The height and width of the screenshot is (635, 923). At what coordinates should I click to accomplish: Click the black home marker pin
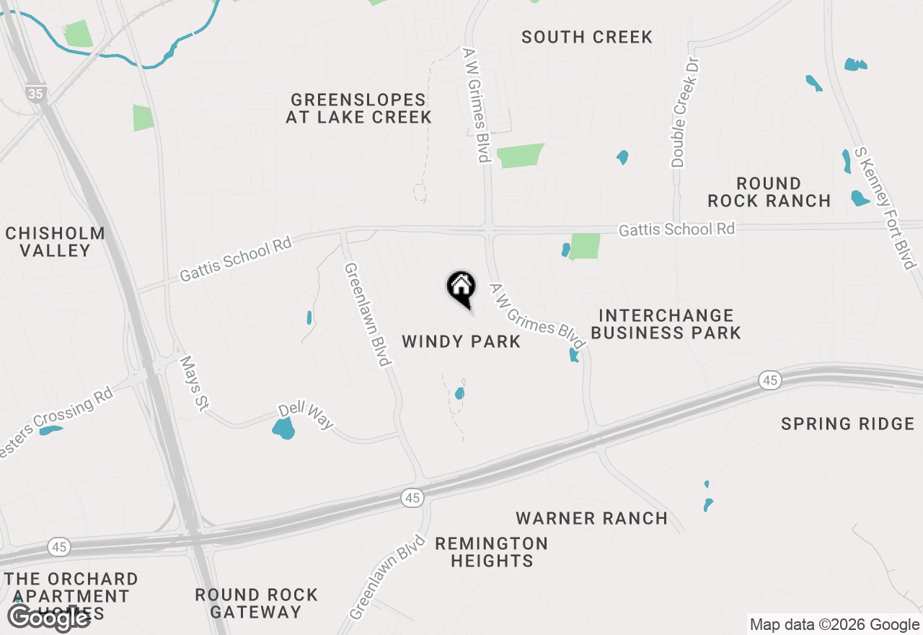[x=461, y=288]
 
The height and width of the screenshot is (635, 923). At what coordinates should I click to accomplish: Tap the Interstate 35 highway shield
[x=35, y=93]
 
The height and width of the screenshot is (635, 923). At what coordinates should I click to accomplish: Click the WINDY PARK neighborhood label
[x=461, y=341]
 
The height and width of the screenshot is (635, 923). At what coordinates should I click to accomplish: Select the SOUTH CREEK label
[x=587, y=37]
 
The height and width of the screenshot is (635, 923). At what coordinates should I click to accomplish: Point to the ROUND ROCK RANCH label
[x=769, y=192]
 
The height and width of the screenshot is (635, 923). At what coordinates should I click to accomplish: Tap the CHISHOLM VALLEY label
[x=55, y=242]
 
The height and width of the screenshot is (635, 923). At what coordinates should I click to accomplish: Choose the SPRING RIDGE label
[x=847, y=424]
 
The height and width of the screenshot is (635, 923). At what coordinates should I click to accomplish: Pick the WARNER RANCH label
[x=591, y=518]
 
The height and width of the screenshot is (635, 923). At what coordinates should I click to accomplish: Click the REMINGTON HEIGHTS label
[x=491, y=551]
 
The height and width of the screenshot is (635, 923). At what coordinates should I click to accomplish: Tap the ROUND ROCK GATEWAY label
[x=256, y=603]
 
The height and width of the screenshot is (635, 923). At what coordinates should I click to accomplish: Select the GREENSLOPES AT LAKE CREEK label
[x=358, y=108]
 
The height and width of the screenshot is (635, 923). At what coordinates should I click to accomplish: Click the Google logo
[x=48, y=617]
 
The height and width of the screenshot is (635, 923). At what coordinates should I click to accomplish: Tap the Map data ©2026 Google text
[x=834, y=625]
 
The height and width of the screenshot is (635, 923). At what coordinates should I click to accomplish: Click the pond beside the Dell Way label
[x=284, y=429]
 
